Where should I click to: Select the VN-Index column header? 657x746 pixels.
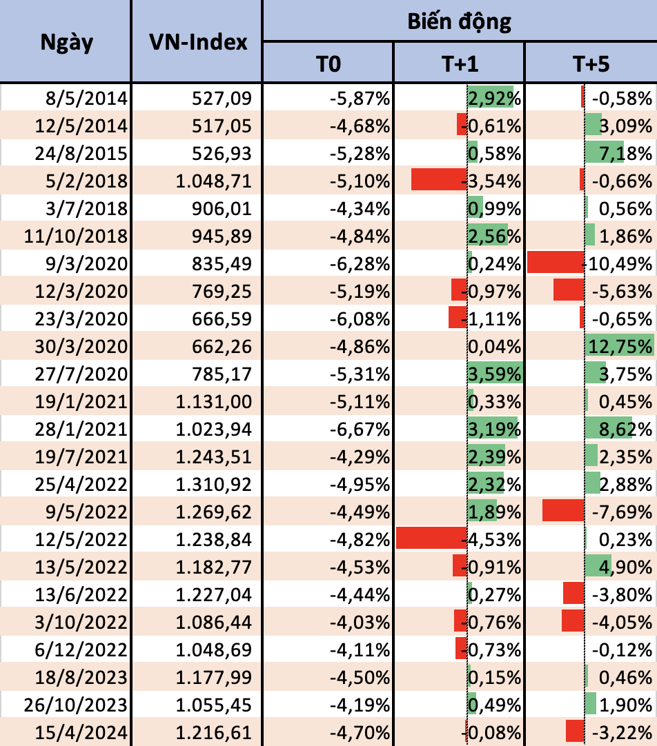[x=197, y=41]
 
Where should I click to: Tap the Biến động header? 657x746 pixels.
[x=459, y=21]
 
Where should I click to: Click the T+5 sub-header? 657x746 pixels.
[x=591, y=64]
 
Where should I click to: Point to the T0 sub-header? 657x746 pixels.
[x=328, y=64]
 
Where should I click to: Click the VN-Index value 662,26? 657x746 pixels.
[x=224, y=345]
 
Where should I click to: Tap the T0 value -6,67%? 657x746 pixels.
[x=360, y=428]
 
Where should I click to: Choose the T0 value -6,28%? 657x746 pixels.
[x=360, y=263]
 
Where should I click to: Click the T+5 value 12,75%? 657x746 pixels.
[x=620, y=345]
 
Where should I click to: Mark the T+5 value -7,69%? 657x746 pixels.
[x=623, y=511]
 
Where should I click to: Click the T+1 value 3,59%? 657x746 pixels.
[x=494, y=373]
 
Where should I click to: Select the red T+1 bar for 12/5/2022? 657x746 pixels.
[x=431, y=538]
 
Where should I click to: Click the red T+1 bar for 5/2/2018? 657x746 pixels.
[x=439, y=180]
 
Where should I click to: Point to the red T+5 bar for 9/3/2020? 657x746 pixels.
[x=556, y=263]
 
